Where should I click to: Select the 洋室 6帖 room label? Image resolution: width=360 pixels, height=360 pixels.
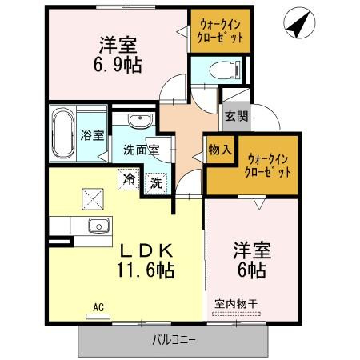point(252,258)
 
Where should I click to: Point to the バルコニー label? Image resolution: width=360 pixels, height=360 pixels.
point(174,340)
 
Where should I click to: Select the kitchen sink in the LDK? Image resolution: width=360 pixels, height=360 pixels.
point(98,225)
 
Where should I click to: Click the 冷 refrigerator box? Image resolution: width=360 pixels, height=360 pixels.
point(128,179)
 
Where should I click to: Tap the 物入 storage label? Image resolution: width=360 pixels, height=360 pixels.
point(220,148)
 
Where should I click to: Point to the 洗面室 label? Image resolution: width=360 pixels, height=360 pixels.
point(141,149)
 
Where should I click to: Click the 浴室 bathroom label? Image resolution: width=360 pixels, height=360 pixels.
point(93,134)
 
